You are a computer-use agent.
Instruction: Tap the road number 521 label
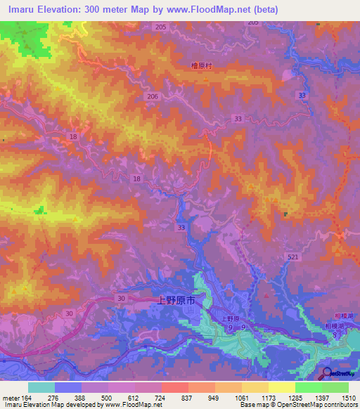292,258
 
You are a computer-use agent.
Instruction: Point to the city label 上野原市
174,300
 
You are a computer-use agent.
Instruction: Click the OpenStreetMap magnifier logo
326,373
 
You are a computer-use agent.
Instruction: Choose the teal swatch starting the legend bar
41,387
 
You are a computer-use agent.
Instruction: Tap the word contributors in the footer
340,405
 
